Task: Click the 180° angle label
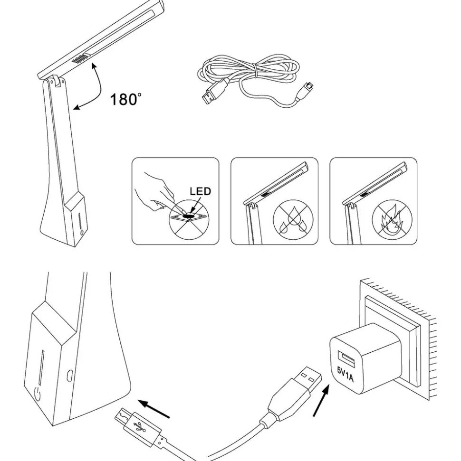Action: tap(125, 99)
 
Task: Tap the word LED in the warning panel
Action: tap(200, 191)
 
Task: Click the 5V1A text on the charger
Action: tap(346, 374)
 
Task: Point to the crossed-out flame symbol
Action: tap(392, 220)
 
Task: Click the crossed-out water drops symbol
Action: tap(293, 220)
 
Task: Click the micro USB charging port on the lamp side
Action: tap(70, 375)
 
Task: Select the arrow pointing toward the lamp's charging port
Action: tap(154, 409)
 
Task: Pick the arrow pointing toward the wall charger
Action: tap(321, 401)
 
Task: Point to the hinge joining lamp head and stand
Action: tap(58, 81)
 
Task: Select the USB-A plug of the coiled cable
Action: tap(214, 91)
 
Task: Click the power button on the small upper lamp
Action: tap(82, 233)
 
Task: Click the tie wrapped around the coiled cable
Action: tap(257, 71)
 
